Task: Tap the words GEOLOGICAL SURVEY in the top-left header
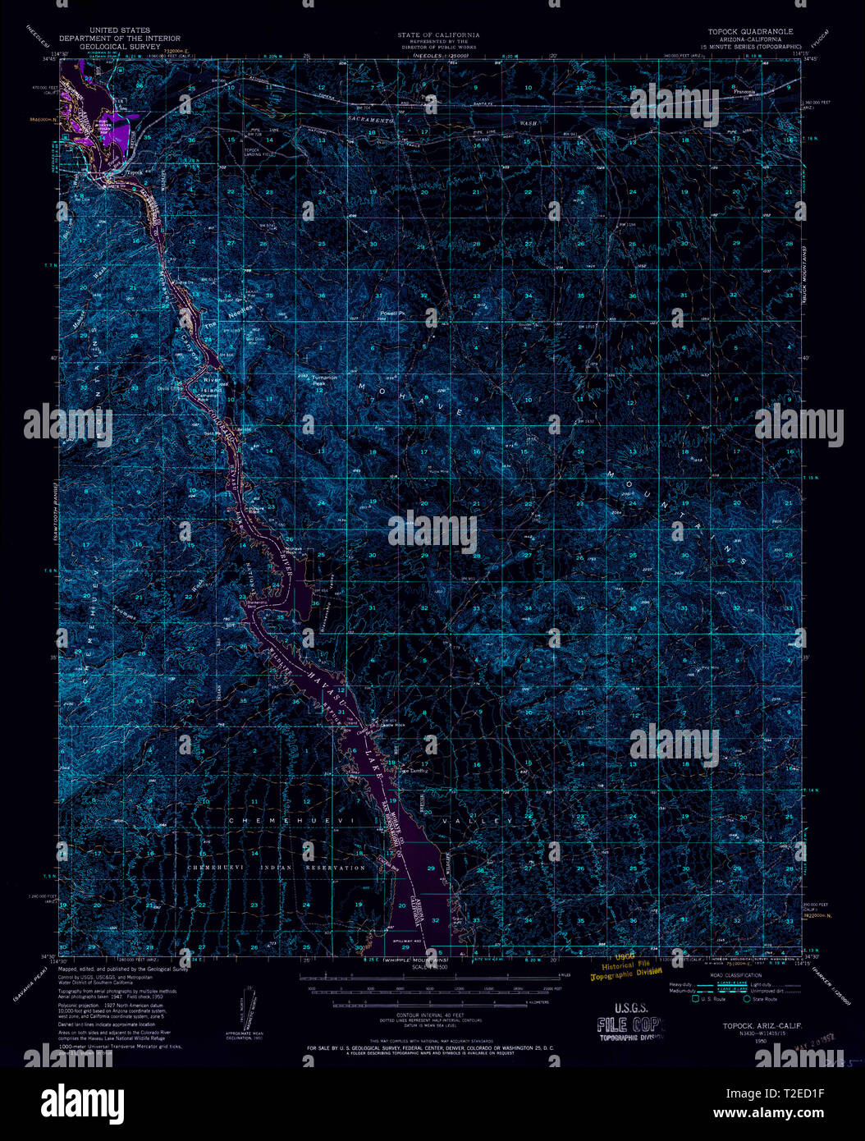121,47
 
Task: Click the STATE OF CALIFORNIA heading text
438,34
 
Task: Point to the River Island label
213,384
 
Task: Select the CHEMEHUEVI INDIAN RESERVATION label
276,867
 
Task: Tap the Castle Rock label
391,725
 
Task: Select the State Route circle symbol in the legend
746,999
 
